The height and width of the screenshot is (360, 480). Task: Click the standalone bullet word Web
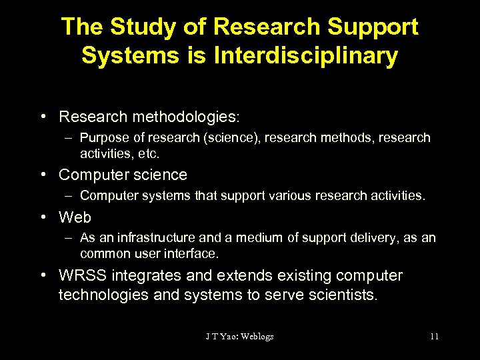(x=75, y=217)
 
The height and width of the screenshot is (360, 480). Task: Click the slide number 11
(x=434, y=337)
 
